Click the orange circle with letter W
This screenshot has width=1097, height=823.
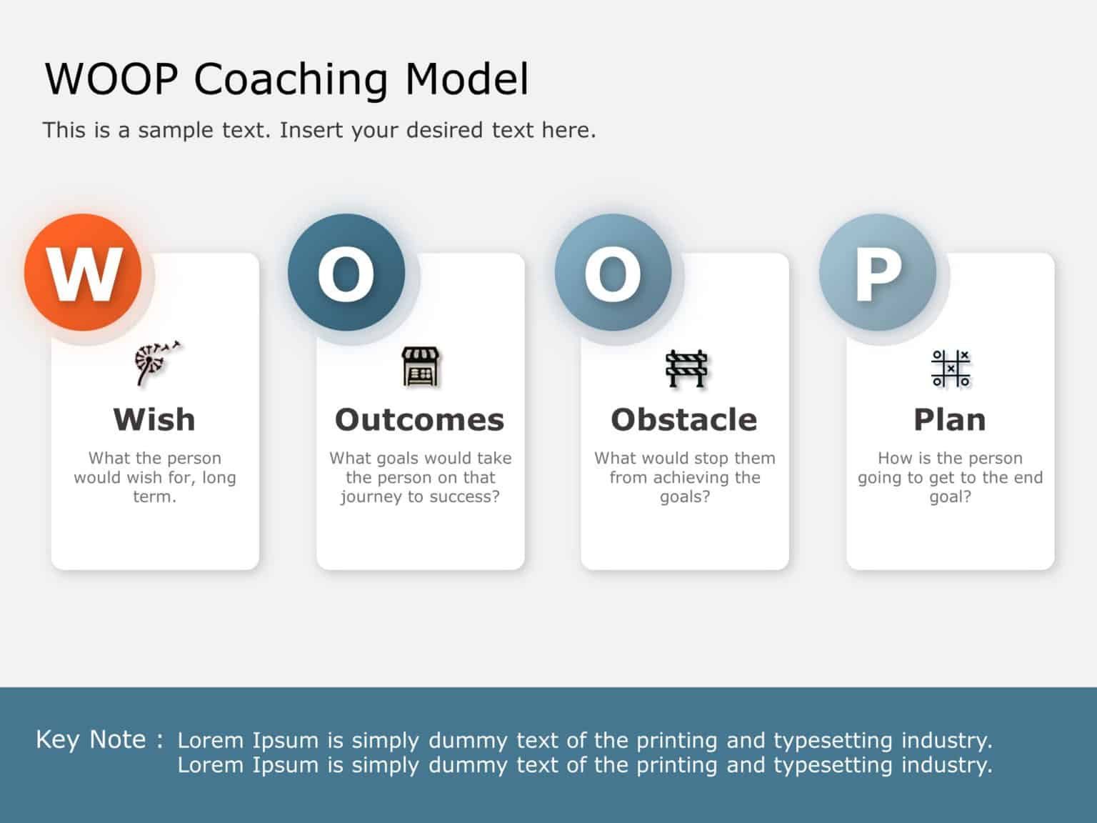coord(83,272)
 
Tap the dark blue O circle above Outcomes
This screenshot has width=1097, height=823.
coord(346,272)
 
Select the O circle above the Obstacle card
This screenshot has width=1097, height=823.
coord(613,272)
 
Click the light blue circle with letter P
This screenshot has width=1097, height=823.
coord(878,272)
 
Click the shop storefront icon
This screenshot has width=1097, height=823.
coord(421,366)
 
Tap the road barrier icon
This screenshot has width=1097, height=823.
coord(686,368)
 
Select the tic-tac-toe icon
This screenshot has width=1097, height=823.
coord(951,368)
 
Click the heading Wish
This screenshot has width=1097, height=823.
coord(154,419)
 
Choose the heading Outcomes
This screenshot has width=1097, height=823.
coord(420,419)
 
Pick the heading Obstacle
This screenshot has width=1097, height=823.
coord(684,419)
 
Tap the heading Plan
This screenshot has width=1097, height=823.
coord(950,419)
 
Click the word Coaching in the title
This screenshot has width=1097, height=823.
coord(291,79)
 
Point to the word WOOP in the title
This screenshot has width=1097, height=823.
coord(111,79)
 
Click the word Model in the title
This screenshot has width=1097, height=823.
coord(467,79)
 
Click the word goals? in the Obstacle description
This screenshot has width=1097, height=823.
coord(685,497)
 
